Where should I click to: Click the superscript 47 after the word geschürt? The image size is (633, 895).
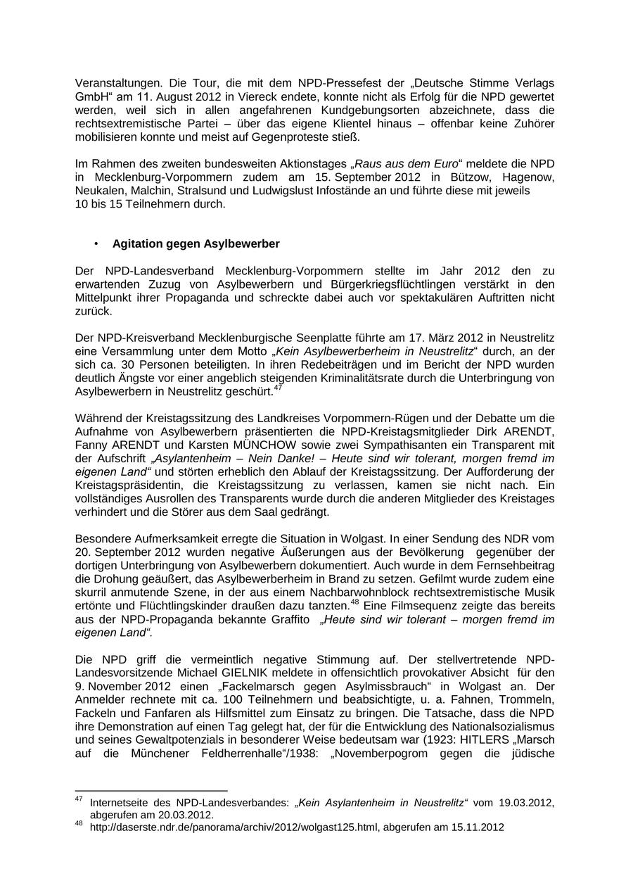coord(279,387)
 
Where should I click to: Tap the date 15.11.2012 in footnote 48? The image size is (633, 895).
coord(479,827)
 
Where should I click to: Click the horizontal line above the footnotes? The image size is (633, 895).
coord(151,791)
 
